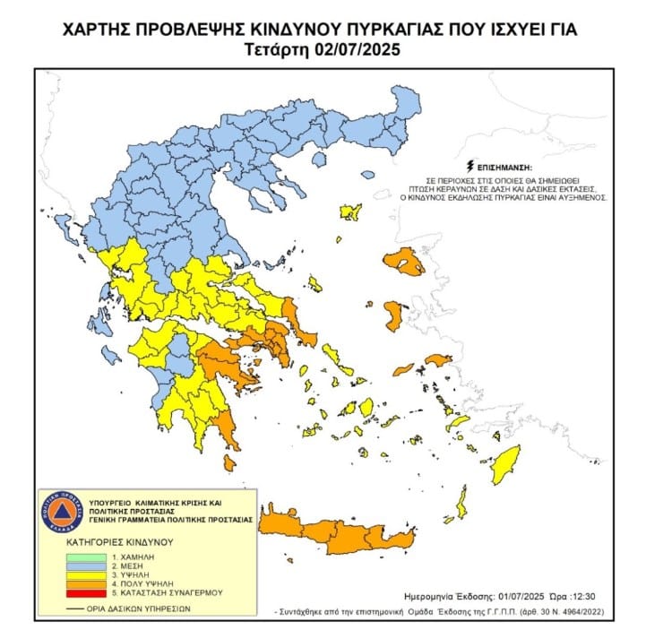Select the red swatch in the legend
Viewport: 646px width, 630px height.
88,592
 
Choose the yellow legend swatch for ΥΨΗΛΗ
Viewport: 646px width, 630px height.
88,575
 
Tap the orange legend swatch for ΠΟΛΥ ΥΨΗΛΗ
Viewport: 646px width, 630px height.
88,583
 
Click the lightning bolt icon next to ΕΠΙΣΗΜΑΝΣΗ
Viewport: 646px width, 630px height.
469,167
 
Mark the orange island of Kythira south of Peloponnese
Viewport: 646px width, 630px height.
229,462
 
